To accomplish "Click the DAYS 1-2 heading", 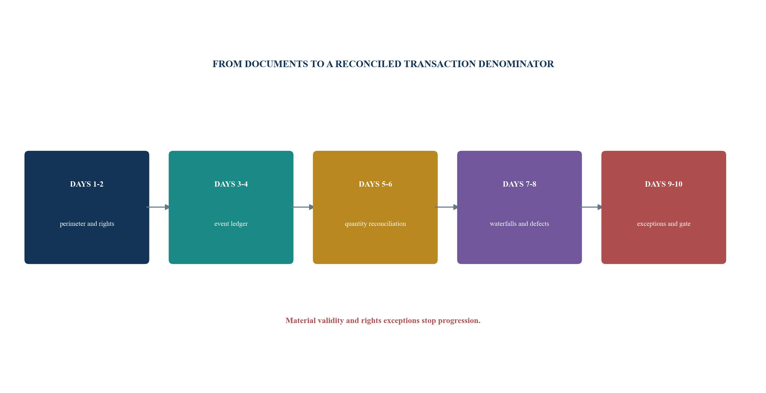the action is (x=87, y=184).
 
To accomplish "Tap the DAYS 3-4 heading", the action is (x=231, y=184).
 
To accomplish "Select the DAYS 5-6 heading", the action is (x=375, y=184).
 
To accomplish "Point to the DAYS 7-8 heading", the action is (x=519, y=184).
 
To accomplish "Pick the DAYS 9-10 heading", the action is (x=664, y=184).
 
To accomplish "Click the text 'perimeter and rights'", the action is (x=87, y=224).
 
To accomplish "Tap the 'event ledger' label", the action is (x=231, y=224).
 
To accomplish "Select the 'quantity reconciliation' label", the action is (x=375, y=224).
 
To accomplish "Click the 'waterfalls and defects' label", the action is (x=519, y=224).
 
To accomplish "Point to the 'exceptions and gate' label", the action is (x=664, y=224).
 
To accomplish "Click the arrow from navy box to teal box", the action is (x=158, y=207).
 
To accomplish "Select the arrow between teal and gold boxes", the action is (x=302, y=207).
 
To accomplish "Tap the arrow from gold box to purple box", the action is (x=446, y=207).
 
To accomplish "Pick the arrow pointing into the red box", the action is (x=591, y=207).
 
